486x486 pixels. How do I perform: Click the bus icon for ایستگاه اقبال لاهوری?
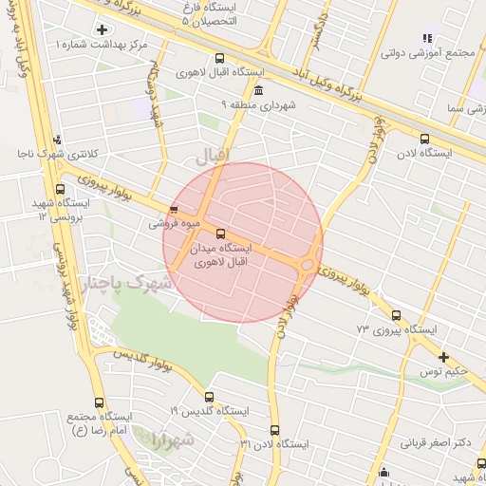tap(221, 58)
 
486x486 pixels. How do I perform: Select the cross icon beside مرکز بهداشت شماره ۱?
tap(102, 30)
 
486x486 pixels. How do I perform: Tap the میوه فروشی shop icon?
tap(173, 211)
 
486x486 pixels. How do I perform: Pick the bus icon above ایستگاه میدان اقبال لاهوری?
tap(221, 234)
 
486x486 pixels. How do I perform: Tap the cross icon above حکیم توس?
tap(443, 357)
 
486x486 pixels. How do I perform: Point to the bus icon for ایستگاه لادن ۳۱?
tap(275, 430)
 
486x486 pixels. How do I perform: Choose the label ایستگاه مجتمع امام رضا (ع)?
tap(98, 423)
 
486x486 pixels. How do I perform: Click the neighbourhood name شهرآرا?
tap(172, 440)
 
